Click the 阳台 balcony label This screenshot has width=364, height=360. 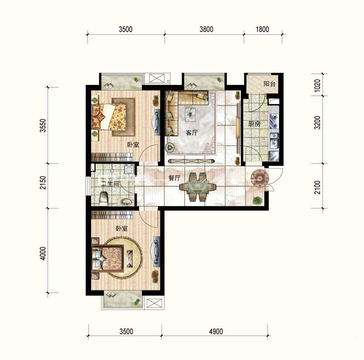tap(270, 84)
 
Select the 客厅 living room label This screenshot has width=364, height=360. tap(192, 133)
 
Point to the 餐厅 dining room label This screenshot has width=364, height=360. tap(174, 178)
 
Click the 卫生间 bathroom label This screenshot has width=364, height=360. tap(110, 184)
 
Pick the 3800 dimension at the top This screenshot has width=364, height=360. tap(206, 30)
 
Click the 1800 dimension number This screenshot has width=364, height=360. tap(262, 30)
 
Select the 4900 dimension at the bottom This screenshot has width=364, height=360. tap(216, 332)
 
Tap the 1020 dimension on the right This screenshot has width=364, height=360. tap(317, 85)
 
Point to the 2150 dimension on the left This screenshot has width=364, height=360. tap(43, 183)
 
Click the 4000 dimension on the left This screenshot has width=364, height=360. tap(43, 253)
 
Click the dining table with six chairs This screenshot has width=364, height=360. tap(198, 187)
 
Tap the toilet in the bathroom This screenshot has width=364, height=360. tap(104, 199)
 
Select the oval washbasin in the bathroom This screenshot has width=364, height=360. tap(127, 202)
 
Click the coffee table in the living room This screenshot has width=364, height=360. tap(190, 114)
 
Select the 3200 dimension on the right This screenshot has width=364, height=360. tap(317, 122)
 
